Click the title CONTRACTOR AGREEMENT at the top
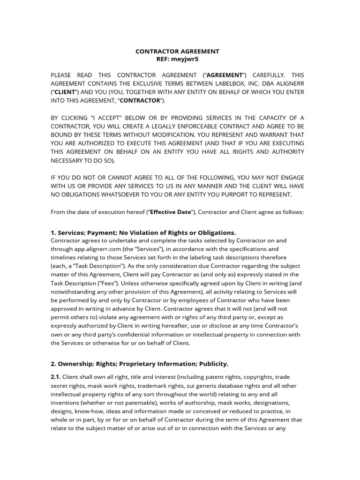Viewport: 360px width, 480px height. [177, 51]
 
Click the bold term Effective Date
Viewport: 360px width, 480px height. [171, 211]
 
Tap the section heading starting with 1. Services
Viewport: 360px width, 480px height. [143, 232]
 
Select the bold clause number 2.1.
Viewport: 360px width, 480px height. [55, 377]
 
